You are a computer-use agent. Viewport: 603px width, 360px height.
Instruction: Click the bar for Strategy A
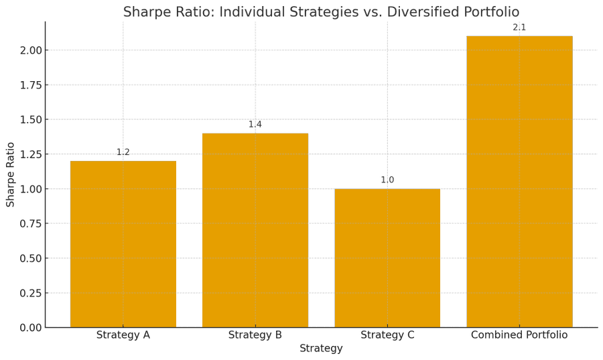123,244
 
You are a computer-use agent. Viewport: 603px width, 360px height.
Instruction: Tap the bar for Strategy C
387,258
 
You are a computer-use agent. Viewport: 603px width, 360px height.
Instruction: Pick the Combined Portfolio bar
519,182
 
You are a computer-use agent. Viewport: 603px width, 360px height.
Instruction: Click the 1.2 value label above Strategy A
123,152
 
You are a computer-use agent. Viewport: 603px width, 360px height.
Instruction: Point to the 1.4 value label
255,125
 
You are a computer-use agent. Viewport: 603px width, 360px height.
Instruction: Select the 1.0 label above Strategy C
387,180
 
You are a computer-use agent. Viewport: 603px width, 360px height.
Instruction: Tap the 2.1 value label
519,27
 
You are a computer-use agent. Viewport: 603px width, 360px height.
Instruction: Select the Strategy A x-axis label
123,335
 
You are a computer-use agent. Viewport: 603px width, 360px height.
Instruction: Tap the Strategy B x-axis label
255,335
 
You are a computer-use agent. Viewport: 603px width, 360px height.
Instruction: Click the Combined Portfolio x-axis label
519,335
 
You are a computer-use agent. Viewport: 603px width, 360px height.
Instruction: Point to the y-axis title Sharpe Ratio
11,174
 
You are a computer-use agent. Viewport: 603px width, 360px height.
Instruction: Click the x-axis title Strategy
321,349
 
